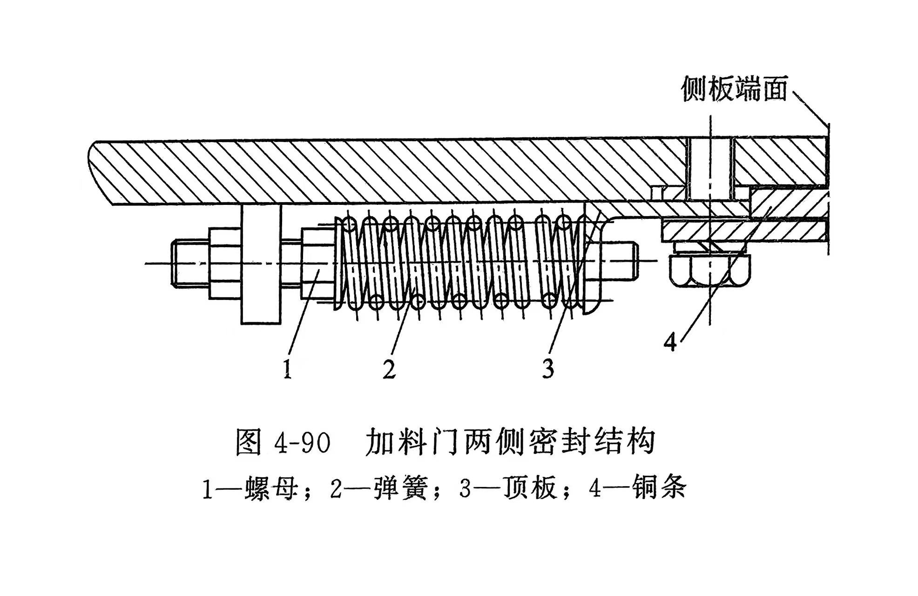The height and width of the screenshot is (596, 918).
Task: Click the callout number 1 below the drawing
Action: tap(288, 369)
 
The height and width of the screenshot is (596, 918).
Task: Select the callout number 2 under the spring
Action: tap(389, 369)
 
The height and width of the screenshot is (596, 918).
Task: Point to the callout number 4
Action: tap(670, 343)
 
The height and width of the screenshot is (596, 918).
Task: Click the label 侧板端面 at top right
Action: tap(734, 89)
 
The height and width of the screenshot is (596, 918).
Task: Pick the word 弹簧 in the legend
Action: tap(400, 489)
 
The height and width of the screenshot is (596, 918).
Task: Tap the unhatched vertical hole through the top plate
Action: tap(709, 168)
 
